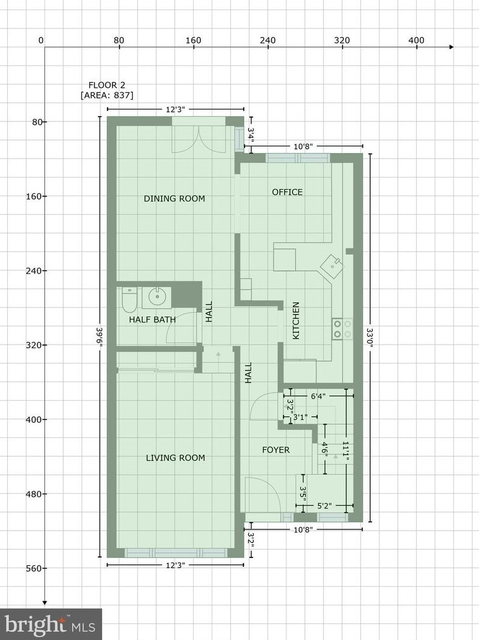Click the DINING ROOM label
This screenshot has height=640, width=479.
click(174, 199)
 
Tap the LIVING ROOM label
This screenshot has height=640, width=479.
click(175, 458)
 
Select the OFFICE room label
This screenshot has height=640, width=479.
click(287, 192)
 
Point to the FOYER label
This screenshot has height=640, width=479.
click(276, 450)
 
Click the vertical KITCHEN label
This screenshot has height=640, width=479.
click(296, 321)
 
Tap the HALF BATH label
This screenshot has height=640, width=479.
click(152, 319)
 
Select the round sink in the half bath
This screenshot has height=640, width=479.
click(156, 297)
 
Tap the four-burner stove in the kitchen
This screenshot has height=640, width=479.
click(342, 328)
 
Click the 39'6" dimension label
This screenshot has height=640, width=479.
click(100, 337)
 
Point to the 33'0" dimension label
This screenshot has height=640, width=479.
click(370, 337)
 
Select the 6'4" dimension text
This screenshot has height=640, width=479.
click(318, 396)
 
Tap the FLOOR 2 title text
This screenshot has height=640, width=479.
click(107, 85)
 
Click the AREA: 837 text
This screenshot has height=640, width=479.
click(107, 96)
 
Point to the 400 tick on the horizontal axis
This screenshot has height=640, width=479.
click(417, 40)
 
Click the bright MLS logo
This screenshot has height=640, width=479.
click(51, 624)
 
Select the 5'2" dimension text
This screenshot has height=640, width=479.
click(324, 505)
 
